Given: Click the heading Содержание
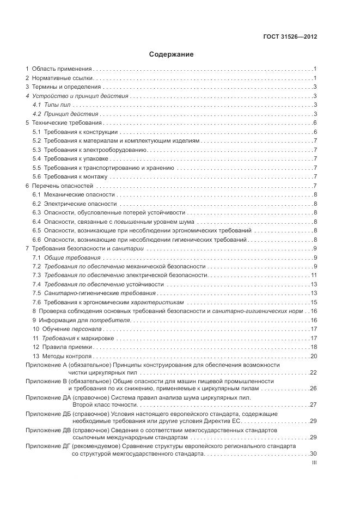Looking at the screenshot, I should coord(171,54).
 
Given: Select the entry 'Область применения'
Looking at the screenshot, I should coord(62,69).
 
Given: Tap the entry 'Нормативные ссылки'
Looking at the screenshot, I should coord(62,78).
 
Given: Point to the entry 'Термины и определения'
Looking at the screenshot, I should coord(66,87).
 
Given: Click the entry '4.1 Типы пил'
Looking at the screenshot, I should coord(52,105).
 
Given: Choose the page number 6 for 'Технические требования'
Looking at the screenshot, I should coord(315,123).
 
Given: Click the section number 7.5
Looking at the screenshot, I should coord(36,293).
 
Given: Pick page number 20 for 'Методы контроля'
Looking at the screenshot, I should coord(314,356).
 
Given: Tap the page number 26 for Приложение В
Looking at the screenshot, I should coord(314,389).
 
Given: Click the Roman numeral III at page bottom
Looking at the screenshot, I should coord(314,462).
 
